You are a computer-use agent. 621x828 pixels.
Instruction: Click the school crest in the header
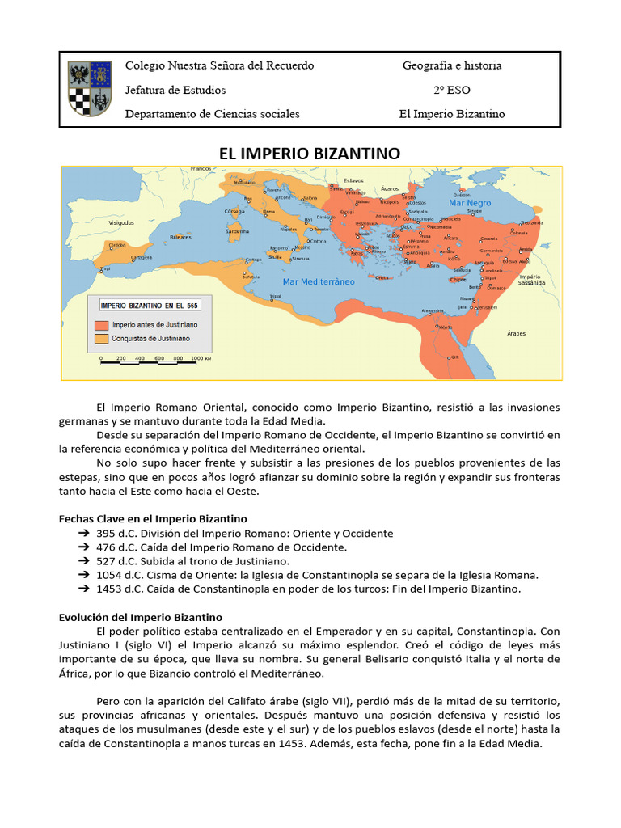[x=89, y=88]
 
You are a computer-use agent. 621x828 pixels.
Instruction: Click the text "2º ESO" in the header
[x=452, y=90]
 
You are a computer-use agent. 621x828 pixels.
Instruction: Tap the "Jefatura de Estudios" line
[x=175, y=90]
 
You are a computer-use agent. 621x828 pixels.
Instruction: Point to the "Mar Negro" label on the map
[x=470, y=203]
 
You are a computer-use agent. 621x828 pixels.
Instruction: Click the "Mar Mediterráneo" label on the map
[x=319, y=281]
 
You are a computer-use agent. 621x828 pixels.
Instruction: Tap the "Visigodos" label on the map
[x=121, y=222]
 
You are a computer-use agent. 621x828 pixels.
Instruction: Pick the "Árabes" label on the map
[x=516, y=333]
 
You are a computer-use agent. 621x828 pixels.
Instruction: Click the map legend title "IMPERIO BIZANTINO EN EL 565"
[x=148, y=306]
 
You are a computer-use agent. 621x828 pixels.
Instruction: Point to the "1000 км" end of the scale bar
[x=201, y=357]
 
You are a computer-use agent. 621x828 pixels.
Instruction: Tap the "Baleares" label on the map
[x=180, y=237]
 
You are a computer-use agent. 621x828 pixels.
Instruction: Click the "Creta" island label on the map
[x=382, y=277]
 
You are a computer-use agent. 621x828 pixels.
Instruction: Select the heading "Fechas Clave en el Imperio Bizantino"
[x=153, y=518]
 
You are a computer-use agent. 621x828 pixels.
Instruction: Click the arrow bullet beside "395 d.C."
[x=83, y=534]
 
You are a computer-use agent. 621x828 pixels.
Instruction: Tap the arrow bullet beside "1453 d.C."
[x=83, y=589]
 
